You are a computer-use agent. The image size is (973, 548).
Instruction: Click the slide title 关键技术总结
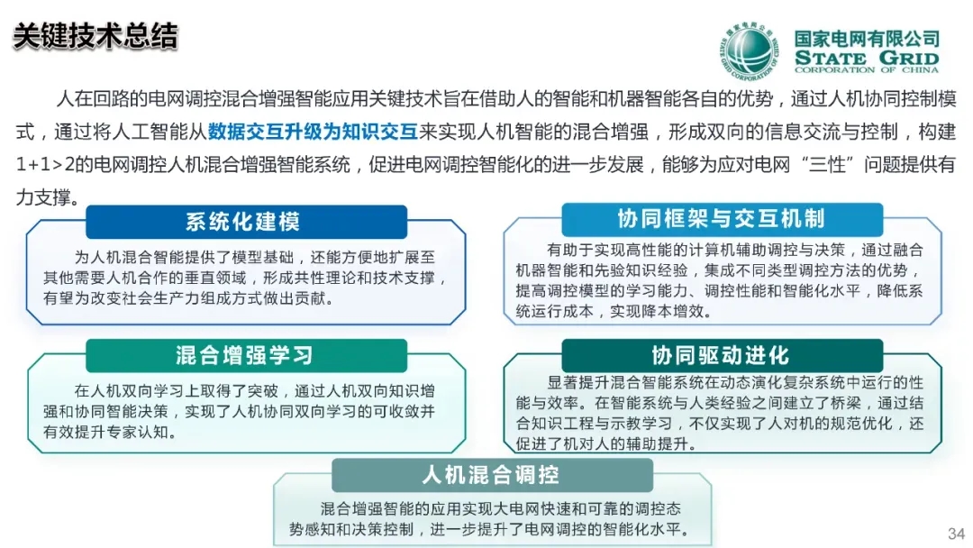click(95, 36)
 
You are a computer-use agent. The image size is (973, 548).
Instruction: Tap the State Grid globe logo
click(749, 52)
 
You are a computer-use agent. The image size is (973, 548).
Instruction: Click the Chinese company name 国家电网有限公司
click(867, 39)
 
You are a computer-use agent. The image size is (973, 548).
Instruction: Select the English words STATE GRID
click(867, 59)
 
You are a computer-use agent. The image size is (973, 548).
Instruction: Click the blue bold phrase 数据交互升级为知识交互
click(313, 132)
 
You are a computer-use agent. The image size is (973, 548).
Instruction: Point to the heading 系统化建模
click(243, 222)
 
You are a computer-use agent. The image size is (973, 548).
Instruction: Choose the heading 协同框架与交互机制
click(721, 218)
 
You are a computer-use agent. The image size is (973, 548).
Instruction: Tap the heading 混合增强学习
click(244, 356)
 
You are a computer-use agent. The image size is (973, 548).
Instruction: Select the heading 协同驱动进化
click(721, 356)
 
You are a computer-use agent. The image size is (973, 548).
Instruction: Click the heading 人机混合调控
click(491, 475)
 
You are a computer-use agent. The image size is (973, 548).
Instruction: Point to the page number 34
click(956, 534)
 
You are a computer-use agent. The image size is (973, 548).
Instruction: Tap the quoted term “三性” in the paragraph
click(828, 164)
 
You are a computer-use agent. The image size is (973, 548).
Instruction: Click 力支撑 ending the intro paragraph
click(43, 197)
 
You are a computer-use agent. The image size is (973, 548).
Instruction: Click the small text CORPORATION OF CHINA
click(867, 70)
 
